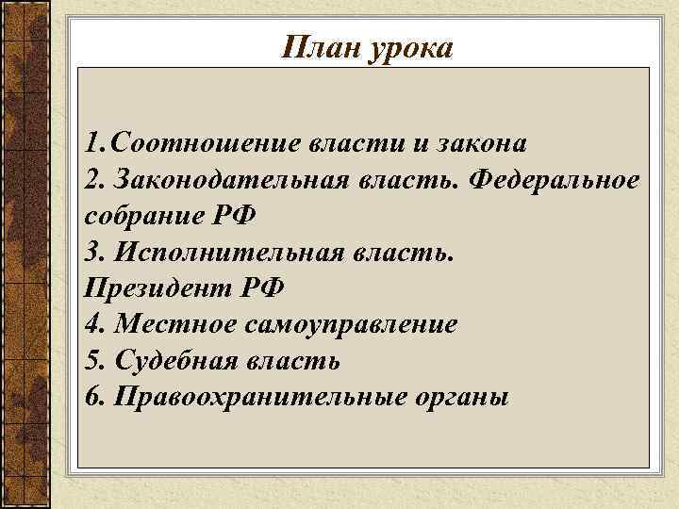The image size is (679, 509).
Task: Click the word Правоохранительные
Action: pos(258,397)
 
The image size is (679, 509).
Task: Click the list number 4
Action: pos(91,325)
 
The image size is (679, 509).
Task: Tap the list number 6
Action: pos(91,397)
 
